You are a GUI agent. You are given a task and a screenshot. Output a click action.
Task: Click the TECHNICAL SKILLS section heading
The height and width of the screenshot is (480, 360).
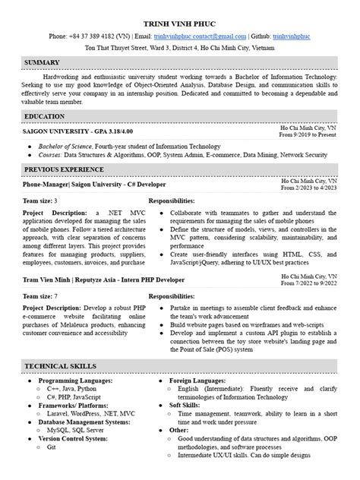pyautogui.click(x=60, y=366)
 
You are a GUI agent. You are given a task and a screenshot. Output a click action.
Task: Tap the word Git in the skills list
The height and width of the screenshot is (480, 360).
pyautogui.click(x=52, y=447)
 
